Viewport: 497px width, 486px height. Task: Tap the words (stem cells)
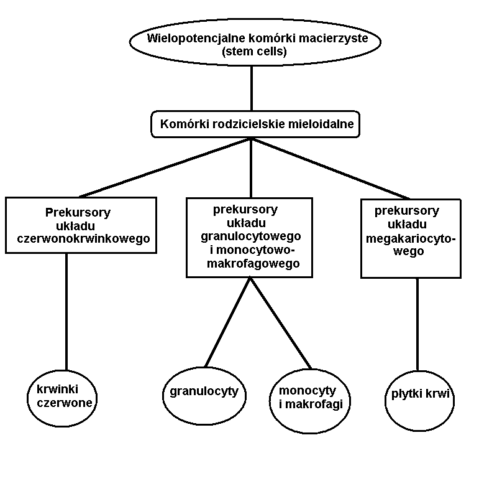254,52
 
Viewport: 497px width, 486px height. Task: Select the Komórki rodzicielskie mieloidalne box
256,124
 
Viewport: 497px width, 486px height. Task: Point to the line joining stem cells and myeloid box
251,88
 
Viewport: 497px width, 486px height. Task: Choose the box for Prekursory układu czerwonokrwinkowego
80,225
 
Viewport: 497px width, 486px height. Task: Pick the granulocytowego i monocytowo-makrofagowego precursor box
249,236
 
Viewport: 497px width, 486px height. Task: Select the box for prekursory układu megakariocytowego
411,238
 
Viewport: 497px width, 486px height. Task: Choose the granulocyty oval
205,393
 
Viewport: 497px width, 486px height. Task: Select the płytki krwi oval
420,394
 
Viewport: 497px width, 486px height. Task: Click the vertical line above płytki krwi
417,324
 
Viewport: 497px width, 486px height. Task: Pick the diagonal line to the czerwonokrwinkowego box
165,167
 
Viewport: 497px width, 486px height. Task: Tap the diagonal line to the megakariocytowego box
329,167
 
